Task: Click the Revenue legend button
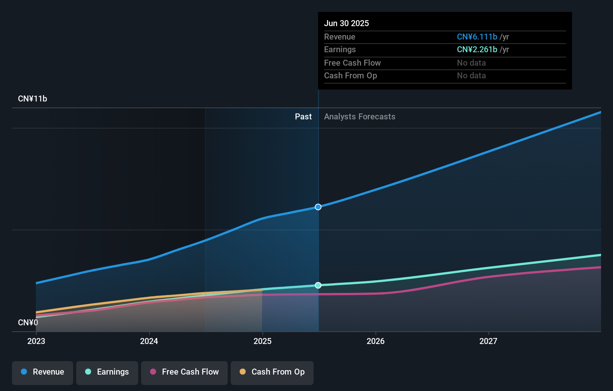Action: click(43, 372)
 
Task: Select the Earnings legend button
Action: click(107, 372)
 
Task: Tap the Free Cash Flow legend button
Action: click(184, 372)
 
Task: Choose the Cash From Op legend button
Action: click(272, 372)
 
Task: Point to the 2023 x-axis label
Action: click(36, 341)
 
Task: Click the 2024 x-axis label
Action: click(149, 341)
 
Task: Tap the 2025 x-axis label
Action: click(262, 341)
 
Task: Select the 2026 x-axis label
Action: click(376, 341)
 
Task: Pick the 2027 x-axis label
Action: click(488, 341)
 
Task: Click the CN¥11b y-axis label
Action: click(32, 99)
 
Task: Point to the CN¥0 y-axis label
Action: click(28, 322)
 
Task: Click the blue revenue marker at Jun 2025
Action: click(318, 207)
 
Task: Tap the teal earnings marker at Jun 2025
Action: click(318, 285)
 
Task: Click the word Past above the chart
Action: click(303, 117)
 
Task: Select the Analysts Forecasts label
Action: click(360, 117)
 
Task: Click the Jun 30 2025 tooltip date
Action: click(346, 24)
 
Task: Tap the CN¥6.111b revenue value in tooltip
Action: click(477, 37)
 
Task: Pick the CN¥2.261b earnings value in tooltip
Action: click(477, 50)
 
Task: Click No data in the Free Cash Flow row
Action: click(471, 63)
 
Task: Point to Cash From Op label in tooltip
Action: click(351, 76)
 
